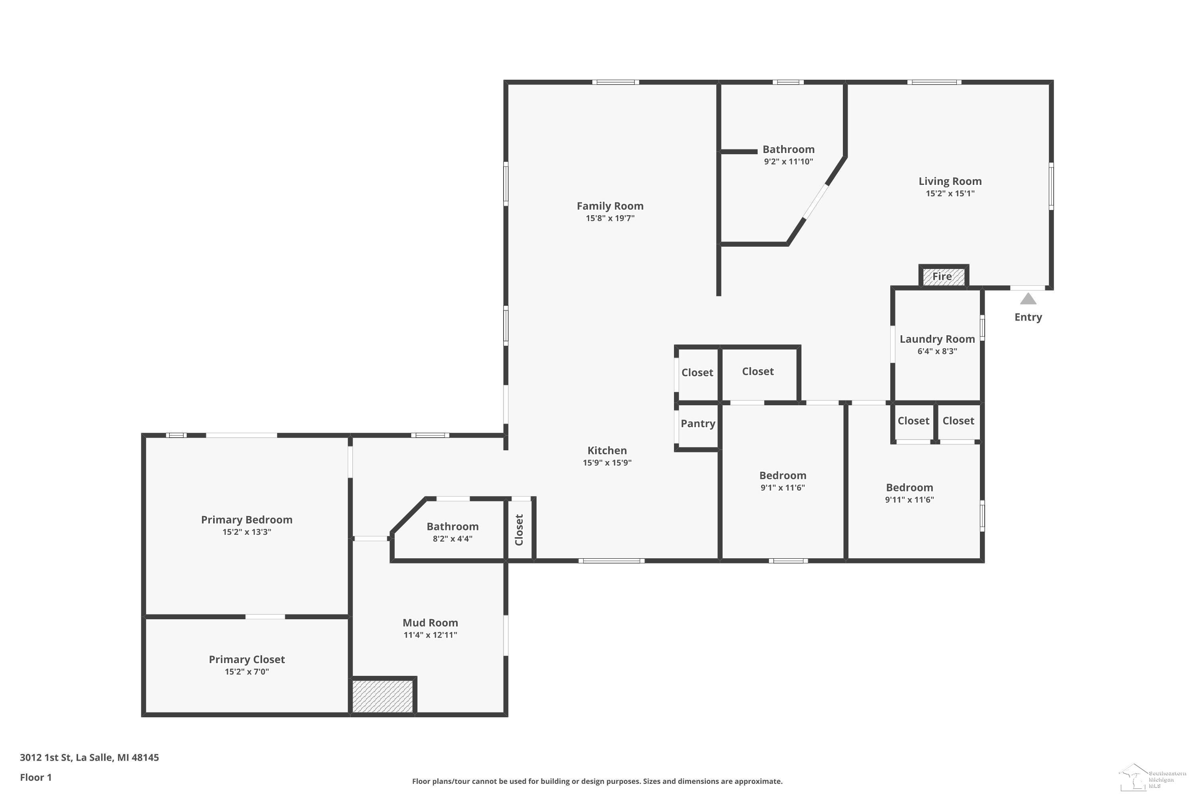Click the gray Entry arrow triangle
[1028, 299]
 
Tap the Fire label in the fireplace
[942, 277]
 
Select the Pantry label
[697, 423]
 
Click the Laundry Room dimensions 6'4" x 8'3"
[937, 351]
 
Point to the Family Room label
[610, 206]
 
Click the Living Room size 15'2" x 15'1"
[950, 193]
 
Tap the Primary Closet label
[247, 659]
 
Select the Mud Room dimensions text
[430, 635]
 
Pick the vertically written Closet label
[519, 530]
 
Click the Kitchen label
[607, 450]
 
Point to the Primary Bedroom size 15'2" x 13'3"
[247, 532]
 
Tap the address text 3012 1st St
[45, 758]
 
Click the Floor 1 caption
[35, 777]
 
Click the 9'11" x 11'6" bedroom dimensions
[909, 500]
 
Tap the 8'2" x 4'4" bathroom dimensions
[452, 539]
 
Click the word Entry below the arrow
[1028, 317]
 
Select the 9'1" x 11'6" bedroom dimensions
[782, 488]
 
